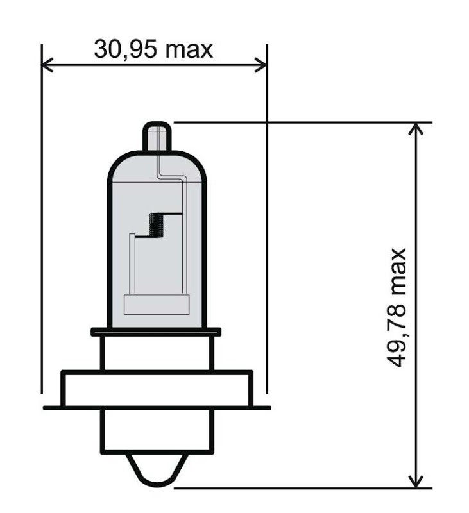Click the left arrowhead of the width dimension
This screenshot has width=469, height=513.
pos(46,64)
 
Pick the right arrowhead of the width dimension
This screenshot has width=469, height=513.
pos(261,64)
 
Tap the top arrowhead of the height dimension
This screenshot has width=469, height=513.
pos(417,128)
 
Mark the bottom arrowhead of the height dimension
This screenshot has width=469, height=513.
pos(417,481)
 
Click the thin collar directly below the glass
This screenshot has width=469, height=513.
pos(156,332)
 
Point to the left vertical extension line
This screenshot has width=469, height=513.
pos(42,224)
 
